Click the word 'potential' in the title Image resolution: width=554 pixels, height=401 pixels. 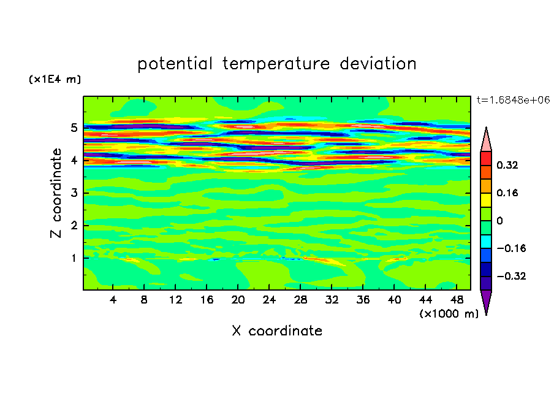[175, 64]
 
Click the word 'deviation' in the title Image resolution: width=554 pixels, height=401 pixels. [378, 64]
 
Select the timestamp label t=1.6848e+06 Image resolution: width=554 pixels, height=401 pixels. [514, 100]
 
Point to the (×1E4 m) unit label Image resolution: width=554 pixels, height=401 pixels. [55, 79]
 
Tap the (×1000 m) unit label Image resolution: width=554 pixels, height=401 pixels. [449, 314]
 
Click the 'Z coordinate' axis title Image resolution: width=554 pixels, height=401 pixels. [56, 193]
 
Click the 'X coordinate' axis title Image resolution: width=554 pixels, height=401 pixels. [277, 331]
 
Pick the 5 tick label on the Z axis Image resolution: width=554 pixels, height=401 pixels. [74, 128]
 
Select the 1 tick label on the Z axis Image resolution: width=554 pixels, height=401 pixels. [74, 258]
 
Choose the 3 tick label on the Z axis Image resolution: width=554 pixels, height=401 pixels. [74, 193]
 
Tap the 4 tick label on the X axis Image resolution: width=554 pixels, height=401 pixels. [113, 300]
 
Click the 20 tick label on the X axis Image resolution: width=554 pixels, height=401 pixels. [238, 300]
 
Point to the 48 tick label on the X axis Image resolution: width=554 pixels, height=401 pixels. [457, 300]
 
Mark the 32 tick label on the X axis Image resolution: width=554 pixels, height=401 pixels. [332, 300]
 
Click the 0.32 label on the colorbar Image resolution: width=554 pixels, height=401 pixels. [507, 165]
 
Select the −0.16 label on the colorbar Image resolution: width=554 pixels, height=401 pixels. [511, 248]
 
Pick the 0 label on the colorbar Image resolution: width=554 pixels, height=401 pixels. [499, 221]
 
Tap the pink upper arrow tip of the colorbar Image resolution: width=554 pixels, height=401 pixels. [486, 128]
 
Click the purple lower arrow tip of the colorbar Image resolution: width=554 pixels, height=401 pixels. [486, 315]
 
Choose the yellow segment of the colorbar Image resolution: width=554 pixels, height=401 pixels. [486, 200]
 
